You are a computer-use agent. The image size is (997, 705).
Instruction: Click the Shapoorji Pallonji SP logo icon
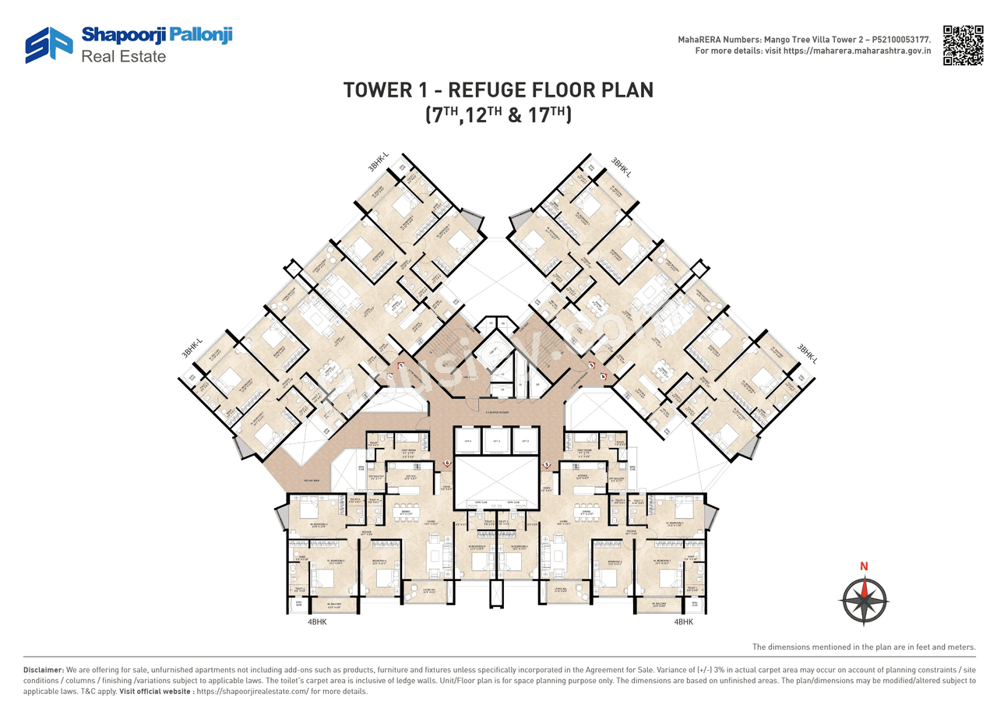(x=49, y=44)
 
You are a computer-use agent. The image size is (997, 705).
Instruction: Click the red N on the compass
(x=864, y=566)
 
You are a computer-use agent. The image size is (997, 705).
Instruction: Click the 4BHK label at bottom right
(x=682, y=622)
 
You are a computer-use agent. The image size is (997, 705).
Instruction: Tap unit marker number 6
(x=447, y=463)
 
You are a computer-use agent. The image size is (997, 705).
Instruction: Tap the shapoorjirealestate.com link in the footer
(x=252, y=691)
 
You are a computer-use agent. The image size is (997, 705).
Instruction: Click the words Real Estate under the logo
(x=124, y=56)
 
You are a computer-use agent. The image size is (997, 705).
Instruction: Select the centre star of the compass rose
(x=864, y=600)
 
